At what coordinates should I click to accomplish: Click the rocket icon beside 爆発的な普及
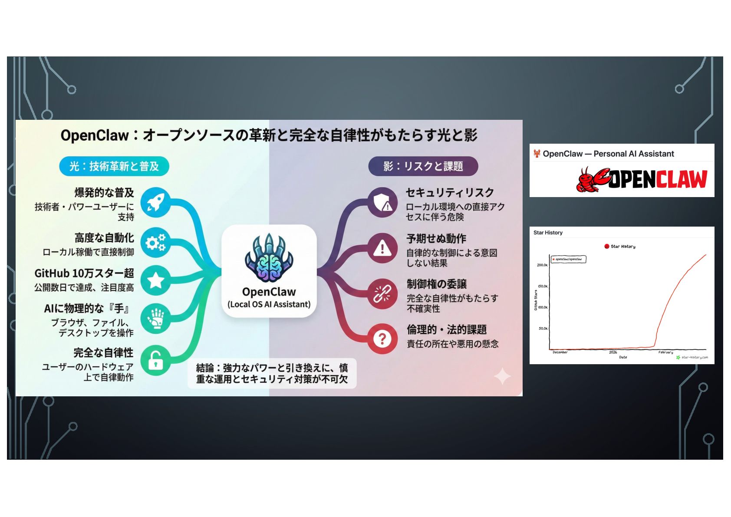click(156, 202)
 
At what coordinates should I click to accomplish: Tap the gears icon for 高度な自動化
click(156, 242)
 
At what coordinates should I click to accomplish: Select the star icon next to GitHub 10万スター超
click(156, 280)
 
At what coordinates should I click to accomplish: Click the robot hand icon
click(156, 318)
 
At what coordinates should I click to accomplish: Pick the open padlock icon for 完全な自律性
click(156, 360)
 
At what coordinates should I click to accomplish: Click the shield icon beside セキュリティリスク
click(382, 202)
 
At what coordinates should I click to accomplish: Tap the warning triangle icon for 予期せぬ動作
click(382, 248)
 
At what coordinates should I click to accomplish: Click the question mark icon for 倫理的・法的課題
click(382, 339)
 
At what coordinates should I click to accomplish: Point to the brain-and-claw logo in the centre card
click(269, 258)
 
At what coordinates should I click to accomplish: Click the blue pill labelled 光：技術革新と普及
click(114, 166)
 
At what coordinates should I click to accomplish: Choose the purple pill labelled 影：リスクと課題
click(423, 166)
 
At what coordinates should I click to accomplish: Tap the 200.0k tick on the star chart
click(542, 265)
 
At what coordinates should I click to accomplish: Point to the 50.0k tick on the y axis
click(543, 329)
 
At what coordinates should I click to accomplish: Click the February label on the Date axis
click(665, 352)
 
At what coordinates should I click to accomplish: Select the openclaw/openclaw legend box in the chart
click(569, 259)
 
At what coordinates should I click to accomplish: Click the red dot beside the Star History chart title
click(607, 247)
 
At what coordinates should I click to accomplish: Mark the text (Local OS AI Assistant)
click(269, 304)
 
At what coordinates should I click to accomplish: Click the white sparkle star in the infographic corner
click(502, 376)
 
